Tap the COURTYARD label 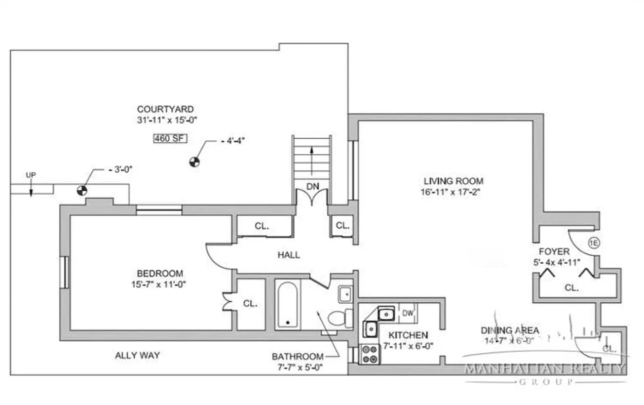[165, 109]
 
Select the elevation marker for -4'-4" [194, 162]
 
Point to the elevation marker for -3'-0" [81, 190]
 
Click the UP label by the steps [31, 175]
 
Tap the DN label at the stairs [313, 186]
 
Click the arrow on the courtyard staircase [312, 152]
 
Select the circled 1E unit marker [594, 243]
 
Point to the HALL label [288, 255]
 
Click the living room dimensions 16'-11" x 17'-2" [453, 192]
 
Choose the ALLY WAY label [137, 355]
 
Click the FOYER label [554, 252]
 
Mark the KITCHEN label [408, 335]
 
